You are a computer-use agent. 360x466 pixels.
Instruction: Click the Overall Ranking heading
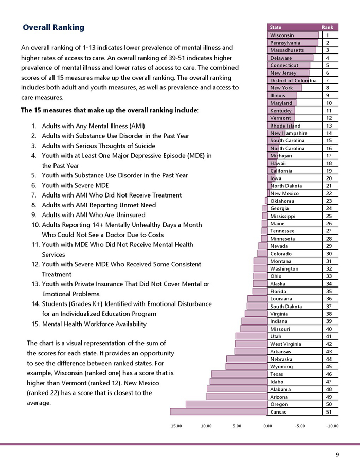pyautogui.click(x=53, y=27)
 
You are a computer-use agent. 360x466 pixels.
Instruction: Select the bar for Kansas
pyautogui.click(x=219, y=411)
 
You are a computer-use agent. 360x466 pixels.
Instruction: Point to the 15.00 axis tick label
pyautogui.click(x=176, y=426)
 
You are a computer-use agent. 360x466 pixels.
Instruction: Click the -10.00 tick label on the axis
pyautogui.click(x=332, y=426)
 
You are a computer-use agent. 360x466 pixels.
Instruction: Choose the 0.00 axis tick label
pyautogui.click(x=268, y=426)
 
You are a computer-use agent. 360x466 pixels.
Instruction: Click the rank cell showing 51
pyautogui.click(x=328, y=412)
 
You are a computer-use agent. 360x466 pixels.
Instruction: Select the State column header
pyautogui.click(x=276, y=27)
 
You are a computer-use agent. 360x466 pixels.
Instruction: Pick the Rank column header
pyautogui.click(x=327, y=27)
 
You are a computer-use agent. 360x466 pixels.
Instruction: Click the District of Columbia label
pyautogui.click(x=293, y=81)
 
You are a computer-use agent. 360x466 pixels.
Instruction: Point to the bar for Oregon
pyautogui.click(x=227, y=404)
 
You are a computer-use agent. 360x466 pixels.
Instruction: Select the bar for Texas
pyautogui.click(x=240, y=374)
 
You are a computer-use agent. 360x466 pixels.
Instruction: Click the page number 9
pyautogui.click(x=337, y=454)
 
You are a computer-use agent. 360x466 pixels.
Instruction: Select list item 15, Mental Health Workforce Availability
pyautogui.click(x=94, y=324)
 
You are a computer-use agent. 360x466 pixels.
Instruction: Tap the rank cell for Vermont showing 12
pyautogui.click(x=328, y=118)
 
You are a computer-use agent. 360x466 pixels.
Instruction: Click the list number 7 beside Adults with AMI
pyautogui.click(x=33, y=195)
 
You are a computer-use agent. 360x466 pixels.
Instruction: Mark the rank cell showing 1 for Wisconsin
pyautogui.click(x=328, y=35)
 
